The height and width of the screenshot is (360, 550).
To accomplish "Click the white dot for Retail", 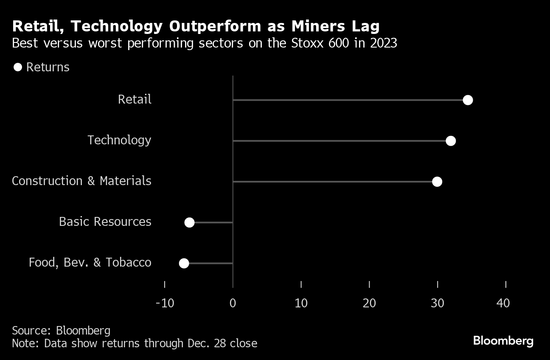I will [x=468, y=100].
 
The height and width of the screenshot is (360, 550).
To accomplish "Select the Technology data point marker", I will [x=451, y=141].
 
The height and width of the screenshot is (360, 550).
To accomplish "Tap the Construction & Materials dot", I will [x=437, y=182].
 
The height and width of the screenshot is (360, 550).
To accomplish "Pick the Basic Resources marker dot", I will [x=189, y=222].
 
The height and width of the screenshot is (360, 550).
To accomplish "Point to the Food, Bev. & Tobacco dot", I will [x=184, y=263].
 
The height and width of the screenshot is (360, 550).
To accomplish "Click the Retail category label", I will [x=135, y=100].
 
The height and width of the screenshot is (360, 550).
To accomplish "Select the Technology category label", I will [x=119, y=141].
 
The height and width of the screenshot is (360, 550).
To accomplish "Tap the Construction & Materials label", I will [x=81, y=181].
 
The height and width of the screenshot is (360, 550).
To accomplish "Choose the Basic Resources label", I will [x=105, y=222].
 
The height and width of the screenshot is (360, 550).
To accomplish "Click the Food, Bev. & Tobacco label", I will [x=90, y=263].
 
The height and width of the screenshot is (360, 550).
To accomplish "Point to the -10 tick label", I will [x=165, y=303].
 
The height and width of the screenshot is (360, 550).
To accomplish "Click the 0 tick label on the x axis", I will [x=233, y=303].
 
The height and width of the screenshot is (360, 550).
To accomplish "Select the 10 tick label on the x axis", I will [x=301, y=303].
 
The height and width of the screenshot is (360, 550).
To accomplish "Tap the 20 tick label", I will [x=369, y=303].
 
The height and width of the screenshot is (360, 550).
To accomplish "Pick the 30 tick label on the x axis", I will [x=438, y=303].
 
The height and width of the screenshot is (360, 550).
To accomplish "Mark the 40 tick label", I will [x=503, y=303].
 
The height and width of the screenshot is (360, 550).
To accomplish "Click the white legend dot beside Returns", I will [x=17, y=67].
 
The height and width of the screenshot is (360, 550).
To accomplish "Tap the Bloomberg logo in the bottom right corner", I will [x=503, y=340].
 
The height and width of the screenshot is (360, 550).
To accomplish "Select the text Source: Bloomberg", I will [x=61, y=331].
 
